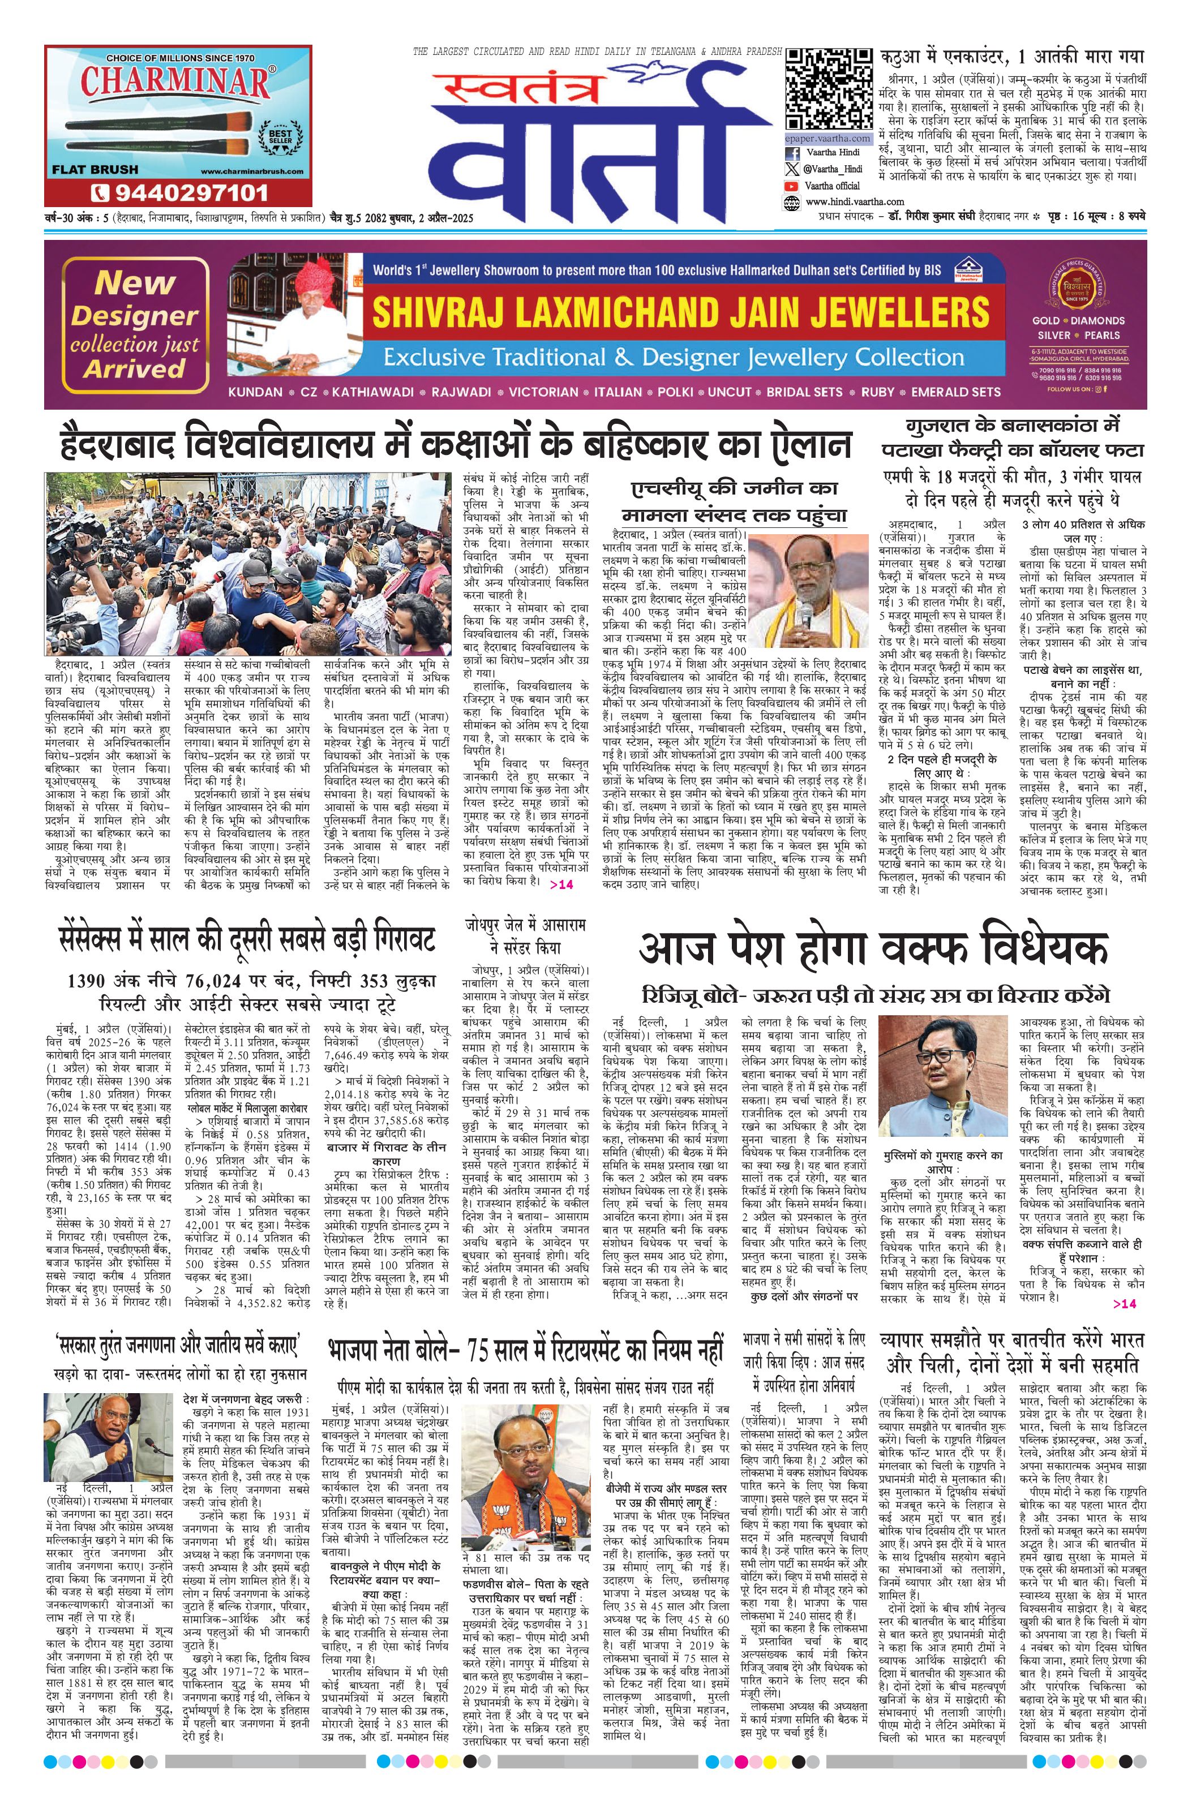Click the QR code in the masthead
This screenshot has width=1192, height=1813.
coord(827,89)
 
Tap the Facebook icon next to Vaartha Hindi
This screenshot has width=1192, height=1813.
coord(791,152)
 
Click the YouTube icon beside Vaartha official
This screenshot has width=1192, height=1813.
coord(791,185)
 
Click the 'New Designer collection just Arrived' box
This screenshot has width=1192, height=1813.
coord(135,324)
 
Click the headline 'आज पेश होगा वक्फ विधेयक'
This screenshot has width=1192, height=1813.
coord(873,949)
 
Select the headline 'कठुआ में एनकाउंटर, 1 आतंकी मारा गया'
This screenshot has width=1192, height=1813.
coord(1012,57)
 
